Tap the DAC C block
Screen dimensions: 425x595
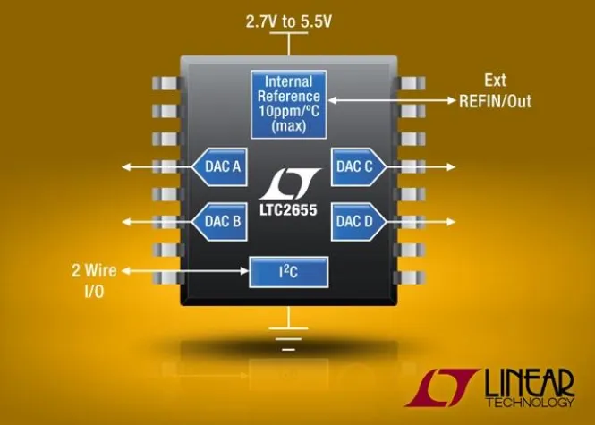358,166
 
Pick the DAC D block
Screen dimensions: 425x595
358,220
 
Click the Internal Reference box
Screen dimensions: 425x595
288,103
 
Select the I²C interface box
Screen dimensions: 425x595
288,270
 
